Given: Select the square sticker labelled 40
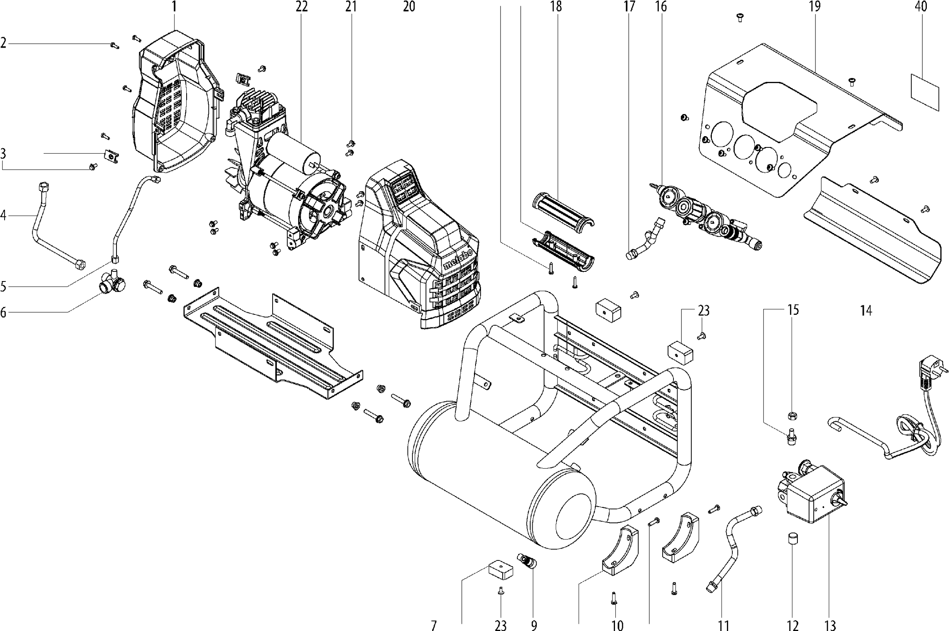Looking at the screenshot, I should pyautogui.click(x=925, y=92).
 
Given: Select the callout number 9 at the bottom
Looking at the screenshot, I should pyautogui.click(x=534, y=625).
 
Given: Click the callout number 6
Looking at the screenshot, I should pyautogui.click(x=4, y=312).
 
